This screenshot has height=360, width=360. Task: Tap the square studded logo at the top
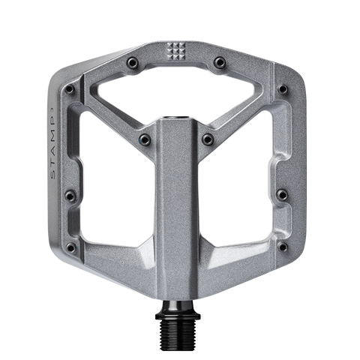click(180, 51)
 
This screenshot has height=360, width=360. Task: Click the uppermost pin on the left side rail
click(69, 88)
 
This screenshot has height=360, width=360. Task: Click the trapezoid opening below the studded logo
click(180, 94)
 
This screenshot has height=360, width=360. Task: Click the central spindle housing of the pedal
click(180, 210)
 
